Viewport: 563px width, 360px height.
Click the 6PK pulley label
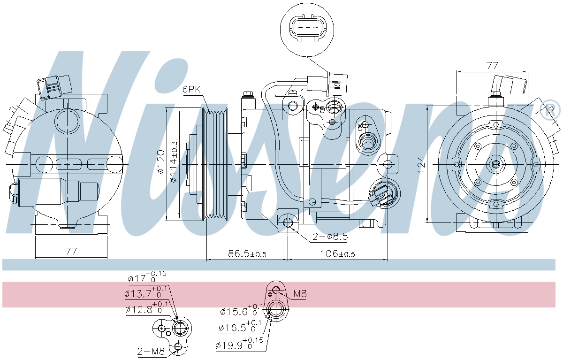click(x=191, y=89)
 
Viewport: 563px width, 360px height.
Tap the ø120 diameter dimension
click(x=160, y=162)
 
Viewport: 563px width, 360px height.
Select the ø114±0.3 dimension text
click(x=174, y=162)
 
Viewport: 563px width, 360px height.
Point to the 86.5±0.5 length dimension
click(x=247, y=254)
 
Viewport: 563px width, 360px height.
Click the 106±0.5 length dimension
click(x=337, y=254)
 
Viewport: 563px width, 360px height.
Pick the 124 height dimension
click(x=421, y=165)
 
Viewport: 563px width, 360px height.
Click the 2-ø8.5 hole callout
click(x=330, y=236)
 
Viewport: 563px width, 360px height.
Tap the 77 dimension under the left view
click(x=71, y=251)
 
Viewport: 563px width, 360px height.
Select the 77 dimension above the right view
click(x=492, y=66)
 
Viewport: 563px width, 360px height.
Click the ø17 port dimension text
click(x=147, y=277)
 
